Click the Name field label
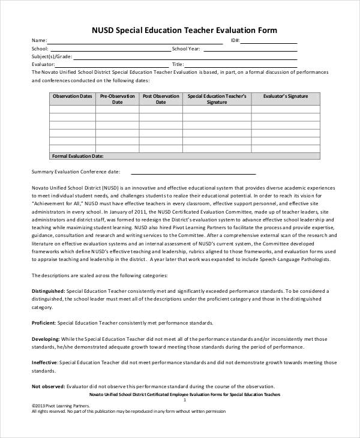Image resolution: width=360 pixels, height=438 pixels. [x=39, y=41]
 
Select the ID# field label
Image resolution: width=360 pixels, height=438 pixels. [x=235, y=41]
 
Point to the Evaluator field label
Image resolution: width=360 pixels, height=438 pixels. [x=43, y=64]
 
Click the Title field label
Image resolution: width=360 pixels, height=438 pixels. [x=178, y=64]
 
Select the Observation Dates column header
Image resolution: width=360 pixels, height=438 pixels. [x=72, y=96]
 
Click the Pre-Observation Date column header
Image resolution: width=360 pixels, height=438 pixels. [x=117, y=99]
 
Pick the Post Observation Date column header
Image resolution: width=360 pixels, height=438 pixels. [x=161, y=99]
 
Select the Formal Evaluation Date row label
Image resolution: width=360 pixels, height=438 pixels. [x=78, y=155]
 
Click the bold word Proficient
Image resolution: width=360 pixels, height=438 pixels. [x=43, y=322]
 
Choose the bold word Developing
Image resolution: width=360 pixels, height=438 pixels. [x=45, y=338]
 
